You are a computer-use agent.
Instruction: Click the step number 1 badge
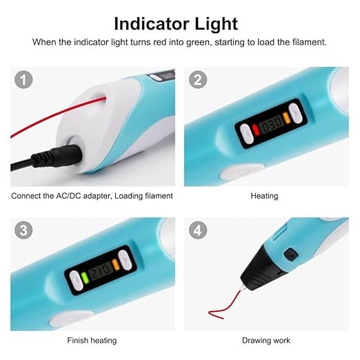click(24, 80)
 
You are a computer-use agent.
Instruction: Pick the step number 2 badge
click(198, 80)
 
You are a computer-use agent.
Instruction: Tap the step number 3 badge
click(24, 231)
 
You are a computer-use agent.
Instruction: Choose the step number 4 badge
click(198, 231)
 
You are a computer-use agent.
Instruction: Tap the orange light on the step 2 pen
click(286, 127)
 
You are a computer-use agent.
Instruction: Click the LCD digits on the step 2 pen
click(270, 128)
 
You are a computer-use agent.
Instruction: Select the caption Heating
click(264, 196)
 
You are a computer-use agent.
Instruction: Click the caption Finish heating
click(92, 340)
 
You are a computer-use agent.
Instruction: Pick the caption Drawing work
click(266, 340)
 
